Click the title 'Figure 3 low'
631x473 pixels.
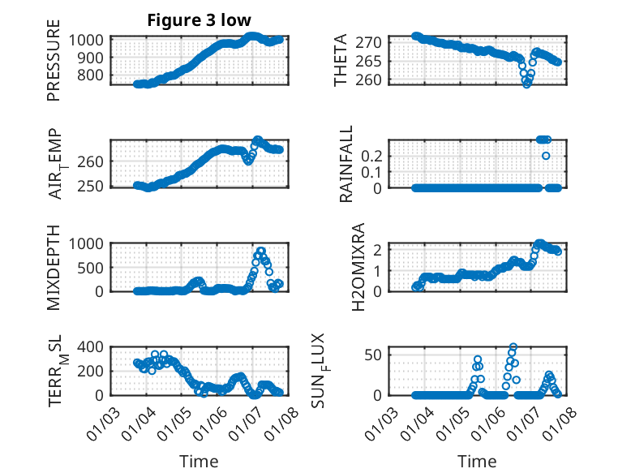click(199, 20)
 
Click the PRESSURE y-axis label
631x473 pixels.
click(54, 66)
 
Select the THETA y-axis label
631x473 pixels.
click(341, 60)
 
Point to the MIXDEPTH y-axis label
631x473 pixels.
click(54, 266)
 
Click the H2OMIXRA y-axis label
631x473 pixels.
click(341, 266)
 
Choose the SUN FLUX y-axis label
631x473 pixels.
click(341, 370)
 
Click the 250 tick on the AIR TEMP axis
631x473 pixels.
click(92, 186)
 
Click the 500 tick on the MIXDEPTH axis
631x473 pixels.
click(92, 267)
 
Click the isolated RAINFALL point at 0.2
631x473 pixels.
click(546, 156)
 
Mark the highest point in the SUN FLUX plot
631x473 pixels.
click(513, 347)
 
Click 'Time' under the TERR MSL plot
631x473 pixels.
click(199, 462)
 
